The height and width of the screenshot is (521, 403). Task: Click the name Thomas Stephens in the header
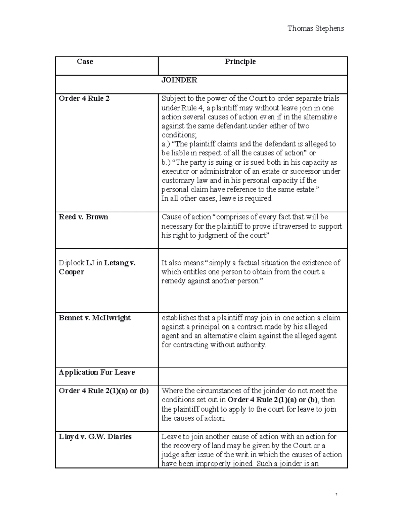pos(315,29)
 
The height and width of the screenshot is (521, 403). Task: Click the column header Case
pos(85,61)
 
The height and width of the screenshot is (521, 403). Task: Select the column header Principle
pos(240,61)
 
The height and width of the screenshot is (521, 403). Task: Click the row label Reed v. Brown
pos(83,217)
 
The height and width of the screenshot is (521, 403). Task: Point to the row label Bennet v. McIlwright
pos(94,318)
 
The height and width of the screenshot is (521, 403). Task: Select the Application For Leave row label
pos(97,372)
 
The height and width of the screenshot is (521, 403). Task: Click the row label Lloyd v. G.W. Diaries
pos(95,437)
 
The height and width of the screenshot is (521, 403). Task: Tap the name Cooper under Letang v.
pos(71,272)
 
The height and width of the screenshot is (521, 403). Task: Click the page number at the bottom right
pos(336,494)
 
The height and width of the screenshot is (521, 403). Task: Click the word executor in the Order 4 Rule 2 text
pos(175,171)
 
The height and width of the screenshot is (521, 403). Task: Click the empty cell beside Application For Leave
pos(253,376)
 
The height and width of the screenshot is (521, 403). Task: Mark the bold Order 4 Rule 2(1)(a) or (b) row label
pos(103,391)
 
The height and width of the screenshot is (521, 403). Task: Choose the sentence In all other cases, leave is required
pos(217,199)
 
